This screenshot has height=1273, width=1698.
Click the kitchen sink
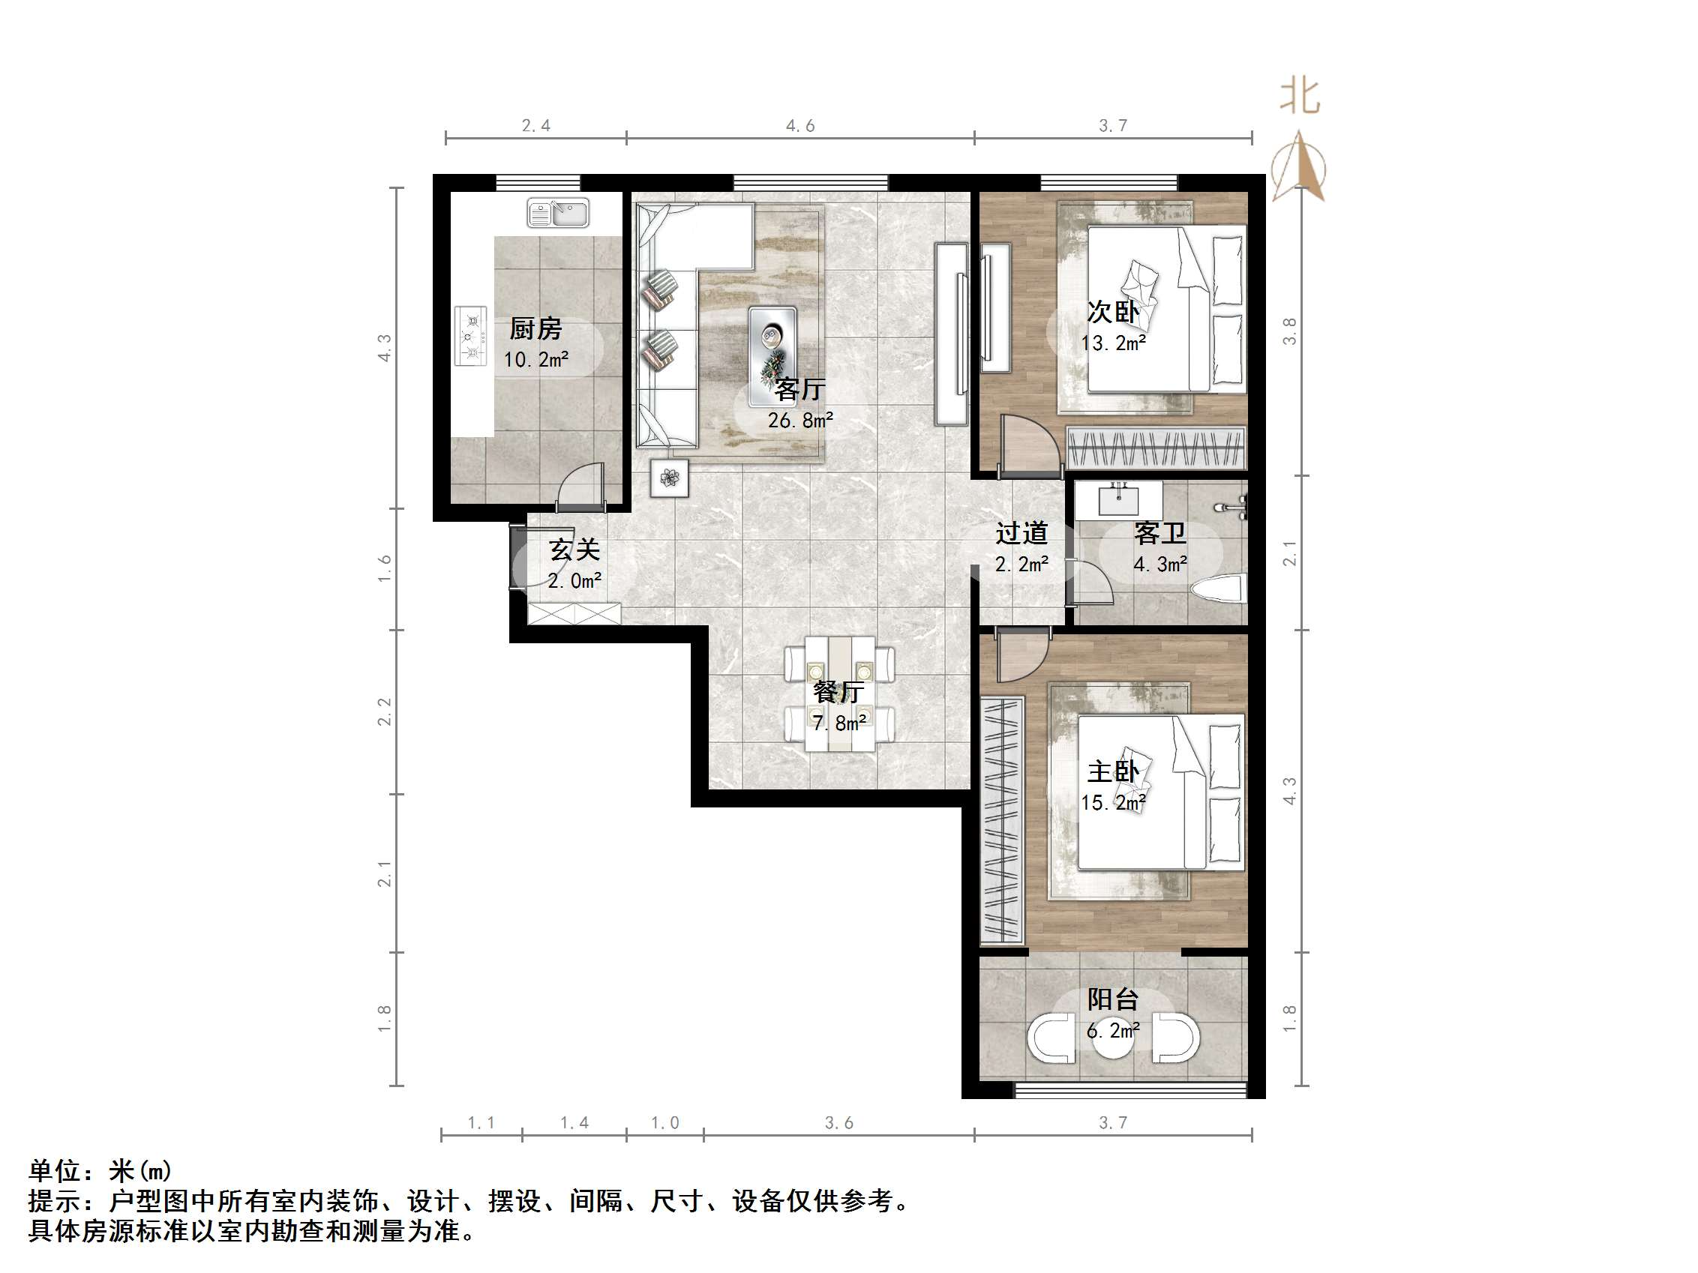click(x=558, y=213)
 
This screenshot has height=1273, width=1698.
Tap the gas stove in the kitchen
click(x=470, y=336)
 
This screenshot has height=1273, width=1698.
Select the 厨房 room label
click(x=535, y=329)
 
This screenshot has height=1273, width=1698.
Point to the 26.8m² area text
click(x=799, y=421)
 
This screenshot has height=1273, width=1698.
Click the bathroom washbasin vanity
click(x=1118, y=500)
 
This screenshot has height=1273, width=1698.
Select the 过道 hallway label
click(x=1021, y=532)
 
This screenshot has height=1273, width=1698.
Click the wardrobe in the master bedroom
click(x=1002, y=819)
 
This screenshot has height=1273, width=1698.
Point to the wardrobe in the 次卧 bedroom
click(x=1155, y=448)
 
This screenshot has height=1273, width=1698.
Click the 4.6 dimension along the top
click(x=799, y=126)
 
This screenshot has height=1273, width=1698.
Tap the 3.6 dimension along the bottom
click(x=838, y=1122)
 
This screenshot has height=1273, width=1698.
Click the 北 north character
click(x=1300, y=97)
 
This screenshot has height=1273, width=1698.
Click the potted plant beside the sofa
click(x=669, y=478)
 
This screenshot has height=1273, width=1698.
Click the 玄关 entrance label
click(x=574, y=550)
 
